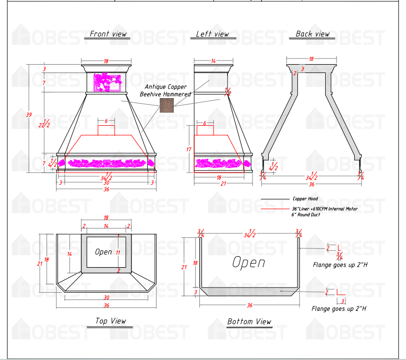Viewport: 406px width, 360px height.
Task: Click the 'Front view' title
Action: point(108,34)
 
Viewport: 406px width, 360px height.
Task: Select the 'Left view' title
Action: point(212,34)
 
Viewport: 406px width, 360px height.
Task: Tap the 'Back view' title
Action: point(313,34)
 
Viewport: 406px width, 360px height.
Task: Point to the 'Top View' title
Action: point(110,321)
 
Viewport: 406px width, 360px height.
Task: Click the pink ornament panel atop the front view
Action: point(108,81)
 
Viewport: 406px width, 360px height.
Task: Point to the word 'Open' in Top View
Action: point(103,252)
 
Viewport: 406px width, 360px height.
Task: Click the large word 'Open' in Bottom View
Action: point(248,262)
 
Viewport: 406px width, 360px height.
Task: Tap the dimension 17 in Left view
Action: point(188,149)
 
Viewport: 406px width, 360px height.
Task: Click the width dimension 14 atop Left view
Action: point(213,62)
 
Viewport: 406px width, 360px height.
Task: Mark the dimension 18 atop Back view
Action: point(311,59)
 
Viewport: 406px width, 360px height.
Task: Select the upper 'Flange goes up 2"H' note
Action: point(340,265)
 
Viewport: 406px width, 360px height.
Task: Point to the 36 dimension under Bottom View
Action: point(249,304)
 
